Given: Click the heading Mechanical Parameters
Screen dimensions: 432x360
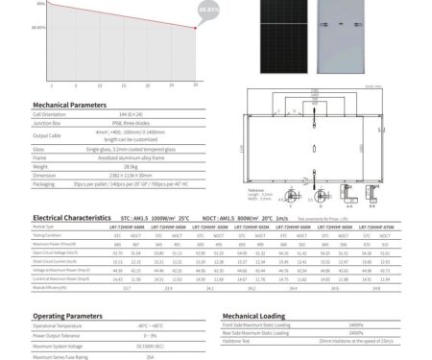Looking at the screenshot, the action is pyautogui.click(x=69, y=104).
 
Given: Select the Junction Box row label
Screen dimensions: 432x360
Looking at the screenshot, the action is pyautogui.click(x=48, y=122).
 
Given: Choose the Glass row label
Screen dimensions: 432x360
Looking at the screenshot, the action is pyautogui.click(x=39, y=150).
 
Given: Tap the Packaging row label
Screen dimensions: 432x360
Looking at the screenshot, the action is pyautogui.click(x=44, y=183).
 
